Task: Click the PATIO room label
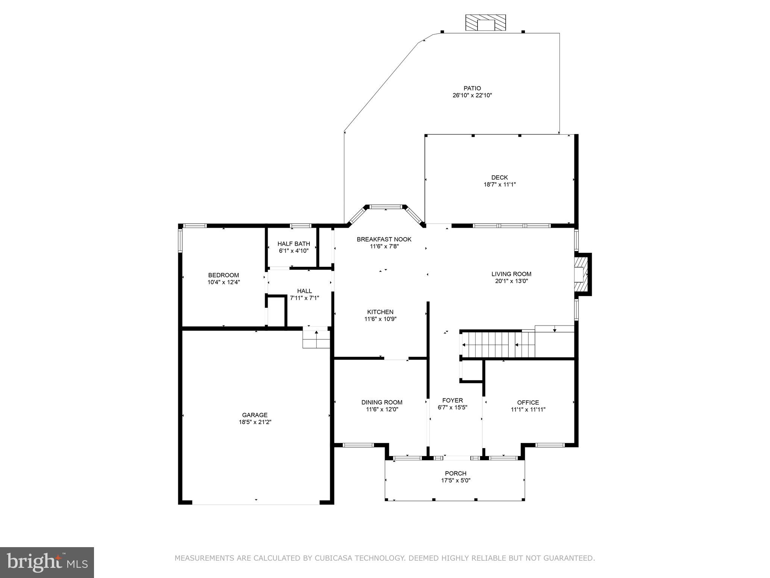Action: (472, 88)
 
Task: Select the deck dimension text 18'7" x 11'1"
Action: (499, 184)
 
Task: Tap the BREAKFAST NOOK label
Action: (384, 239)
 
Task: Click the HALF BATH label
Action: (294, 244)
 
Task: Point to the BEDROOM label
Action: (223, 275)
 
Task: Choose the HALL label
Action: (304, 291)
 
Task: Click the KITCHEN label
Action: (380, 312)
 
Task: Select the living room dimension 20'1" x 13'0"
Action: (511, 281)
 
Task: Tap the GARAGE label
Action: (255, 415)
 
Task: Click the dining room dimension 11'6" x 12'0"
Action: (382, 409)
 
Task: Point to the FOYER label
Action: (452, 400)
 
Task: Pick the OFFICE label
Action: (528, 403)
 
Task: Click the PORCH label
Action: (455, 473)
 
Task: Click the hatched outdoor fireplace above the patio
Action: (485, 23)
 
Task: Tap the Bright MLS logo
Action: (47, 562)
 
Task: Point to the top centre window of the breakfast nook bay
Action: (386, 207)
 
